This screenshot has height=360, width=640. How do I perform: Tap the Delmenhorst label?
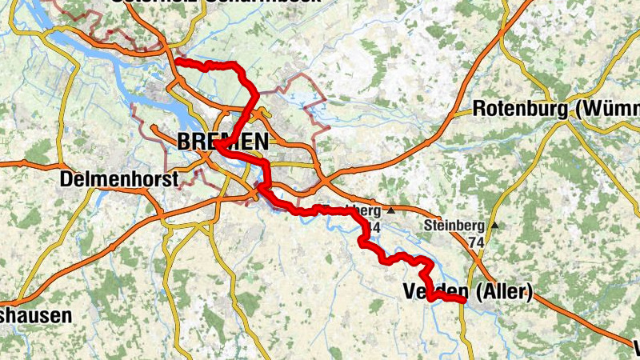click(x=119, y=179)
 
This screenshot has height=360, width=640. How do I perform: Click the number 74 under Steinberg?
click(x=477, y=241)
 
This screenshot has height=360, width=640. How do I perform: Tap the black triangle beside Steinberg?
click(x=495, y=226)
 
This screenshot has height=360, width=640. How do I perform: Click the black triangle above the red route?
click(x=390, y=210)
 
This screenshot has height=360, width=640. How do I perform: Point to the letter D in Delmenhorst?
click(x=67, y=179)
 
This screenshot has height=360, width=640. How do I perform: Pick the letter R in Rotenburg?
click(x=478, y=108)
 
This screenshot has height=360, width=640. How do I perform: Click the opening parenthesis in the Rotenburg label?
click(x=573, y=109)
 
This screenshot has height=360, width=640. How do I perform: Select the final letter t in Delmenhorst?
click(x=174, y=179)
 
